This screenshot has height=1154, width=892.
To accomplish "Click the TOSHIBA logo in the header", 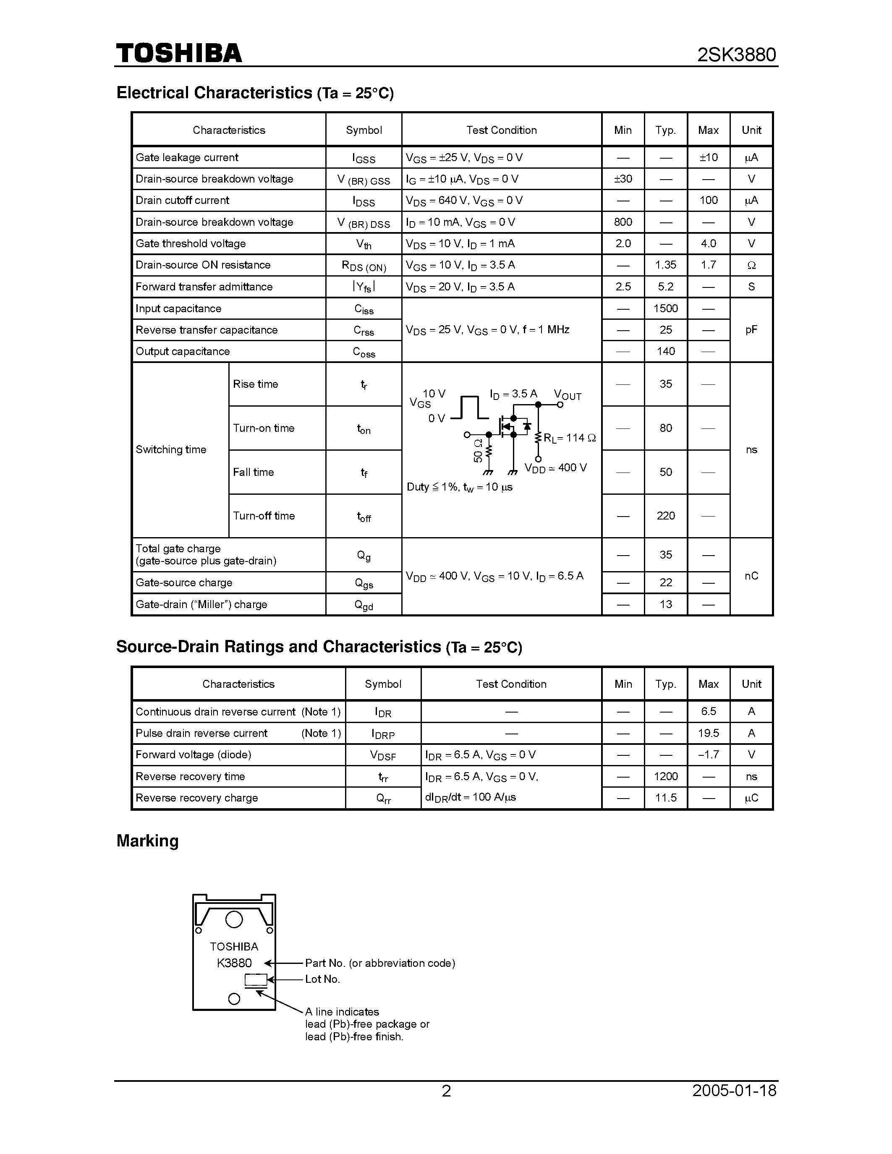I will [x=179, y=54].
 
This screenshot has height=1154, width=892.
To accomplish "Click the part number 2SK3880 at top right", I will [x=737, y=55].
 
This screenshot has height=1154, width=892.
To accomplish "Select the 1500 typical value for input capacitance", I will [x=665, y=308].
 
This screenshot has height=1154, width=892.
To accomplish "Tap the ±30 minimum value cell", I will [x=623, y=179].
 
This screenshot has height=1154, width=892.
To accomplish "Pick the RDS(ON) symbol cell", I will [x=364, y=266].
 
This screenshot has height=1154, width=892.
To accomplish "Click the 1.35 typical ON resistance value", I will [x=665, y=265].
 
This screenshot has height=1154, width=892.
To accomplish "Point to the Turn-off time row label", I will [x=264, y=516].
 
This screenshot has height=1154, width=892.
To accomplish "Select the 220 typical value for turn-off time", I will [x=665, y=516].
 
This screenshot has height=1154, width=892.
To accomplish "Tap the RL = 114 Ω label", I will [x=569, y=438].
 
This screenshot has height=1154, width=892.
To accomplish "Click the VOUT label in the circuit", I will [x=568, y=395].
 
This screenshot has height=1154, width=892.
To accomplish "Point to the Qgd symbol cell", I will [x=364, y=605].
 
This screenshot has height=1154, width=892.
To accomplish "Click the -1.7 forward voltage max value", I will [x=708, y=755].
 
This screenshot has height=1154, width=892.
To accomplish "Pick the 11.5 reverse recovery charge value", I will [x=665, y=798].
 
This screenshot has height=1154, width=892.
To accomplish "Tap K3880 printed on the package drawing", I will [x=234, y=963].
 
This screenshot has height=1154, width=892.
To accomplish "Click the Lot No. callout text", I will [x=322, y=979].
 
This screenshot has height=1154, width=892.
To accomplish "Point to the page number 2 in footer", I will [x=446, y=1091].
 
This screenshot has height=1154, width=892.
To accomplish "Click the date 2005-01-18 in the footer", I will [x=734, y=1091].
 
